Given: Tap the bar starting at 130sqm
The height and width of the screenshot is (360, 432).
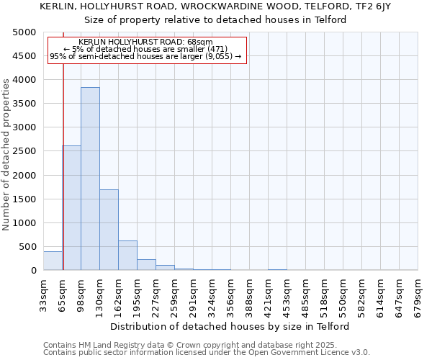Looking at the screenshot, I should tap(109, 230).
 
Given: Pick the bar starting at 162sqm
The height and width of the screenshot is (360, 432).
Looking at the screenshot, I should tap(127, 255).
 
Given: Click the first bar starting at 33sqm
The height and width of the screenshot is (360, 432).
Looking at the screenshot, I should tap(53, 261).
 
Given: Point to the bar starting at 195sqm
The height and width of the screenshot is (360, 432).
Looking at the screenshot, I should tap(146, 264).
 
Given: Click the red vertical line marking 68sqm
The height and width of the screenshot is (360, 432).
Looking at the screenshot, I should tap(63, 166).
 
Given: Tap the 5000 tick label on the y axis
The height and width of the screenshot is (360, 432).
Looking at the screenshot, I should tap(24, 32).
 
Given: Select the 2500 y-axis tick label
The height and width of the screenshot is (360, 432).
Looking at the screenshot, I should tap(24, 151).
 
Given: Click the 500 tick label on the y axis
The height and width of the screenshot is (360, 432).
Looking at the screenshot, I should tap(27, 247).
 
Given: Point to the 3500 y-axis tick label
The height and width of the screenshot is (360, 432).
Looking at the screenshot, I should tap(24, 104).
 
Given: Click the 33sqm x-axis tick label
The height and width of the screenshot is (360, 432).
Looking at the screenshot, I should tap(44, 294).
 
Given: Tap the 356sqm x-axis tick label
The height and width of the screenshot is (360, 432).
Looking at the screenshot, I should tap(231, 294).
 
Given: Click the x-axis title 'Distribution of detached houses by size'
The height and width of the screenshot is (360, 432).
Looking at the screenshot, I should tap(230, 326).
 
